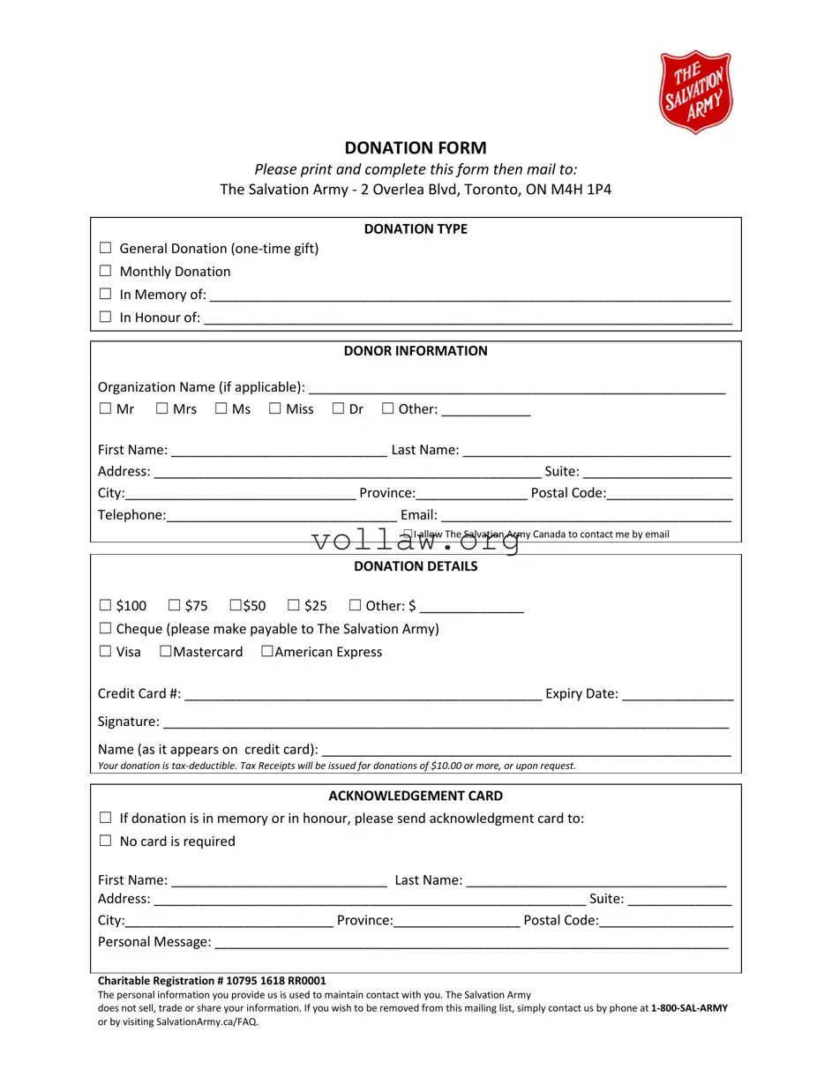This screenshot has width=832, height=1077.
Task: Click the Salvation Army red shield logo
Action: point(695,92)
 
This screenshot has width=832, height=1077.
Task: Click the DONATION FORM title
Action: point(415,147)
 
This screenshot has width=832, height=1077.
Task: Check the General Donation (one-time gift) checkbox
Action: point(105,249)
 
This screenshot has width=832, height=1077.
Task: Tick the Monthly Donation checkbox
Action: point(105,272)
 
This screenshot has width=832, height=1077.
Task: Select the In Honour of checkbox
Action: point(105,317)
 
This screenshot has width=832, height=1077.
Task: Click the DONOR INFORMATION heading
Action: point(415,351)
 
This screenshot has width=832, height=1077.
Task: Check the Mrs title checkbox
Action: point(162,408)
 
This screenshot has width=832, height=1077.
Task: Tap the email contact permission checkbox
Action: point(408,534)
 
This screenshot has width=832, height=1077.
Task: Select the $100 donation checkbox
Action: point(105,605)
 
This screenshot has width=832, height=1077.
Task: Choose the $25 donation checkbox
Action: point(294,605)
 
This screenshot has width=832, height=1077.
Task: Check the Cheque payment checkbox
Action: point(105,628)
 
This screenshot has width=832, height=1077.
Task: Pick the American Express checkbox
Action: point(266,651)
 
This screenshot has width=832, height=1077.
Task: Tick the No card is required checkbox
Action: point(105,841)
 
